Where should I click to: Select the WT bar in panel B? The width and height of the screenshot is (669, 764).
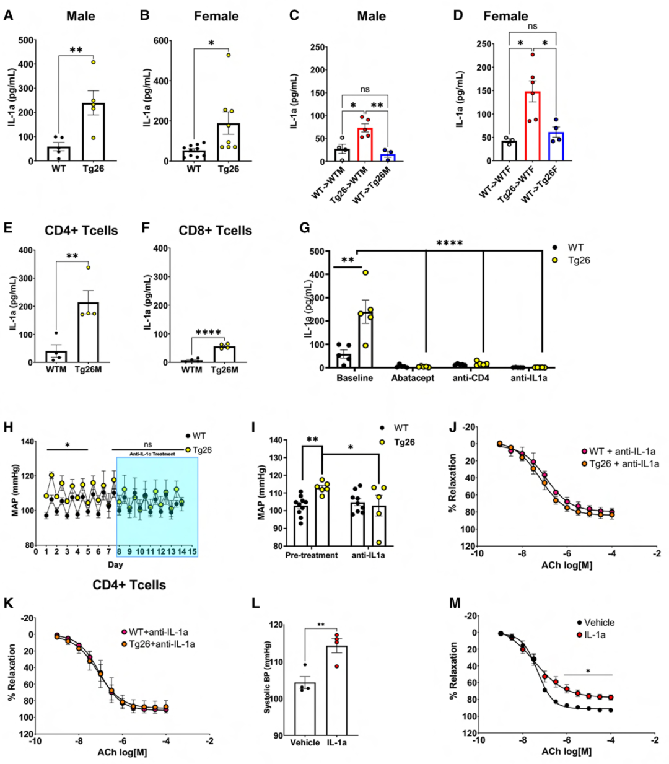194,156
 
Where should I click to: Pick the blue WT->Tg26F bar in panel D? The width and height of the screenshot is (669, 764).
556,147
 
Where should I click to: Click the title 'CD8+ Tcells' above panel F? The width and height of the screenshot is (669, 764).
216,231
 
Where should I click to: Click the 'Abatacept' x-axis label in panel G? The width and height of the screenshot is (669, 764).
413,378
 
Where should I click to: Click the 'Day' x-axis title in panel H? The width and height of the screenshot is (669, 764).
115,564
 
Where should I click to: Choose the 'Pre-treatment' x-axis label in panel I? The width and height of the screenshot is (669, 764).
312,555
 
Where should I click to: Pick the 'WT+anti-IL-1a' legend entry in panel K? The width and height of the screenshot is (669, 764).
159,632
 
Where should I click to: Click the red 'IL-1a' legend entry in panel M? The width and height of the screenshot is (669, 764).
595,635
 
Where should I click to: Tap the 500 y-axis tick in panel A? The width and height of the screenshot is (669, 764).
26,41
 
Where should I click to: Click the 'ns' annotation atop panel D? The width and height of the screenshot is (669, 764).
532,26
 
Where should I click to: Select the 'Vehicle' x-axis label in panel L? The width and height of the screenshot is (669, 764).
305,742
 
